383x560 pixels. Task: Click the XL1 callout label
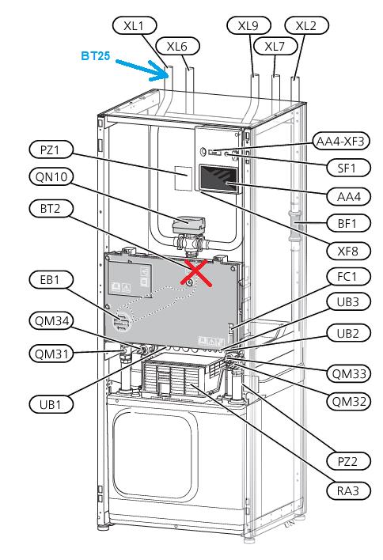(135, 26)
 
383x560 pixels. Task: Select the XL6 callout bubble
(177, 46)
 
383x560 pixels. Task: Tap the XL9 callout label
(248, 26)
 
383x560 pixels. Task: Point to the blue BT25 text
(96, 55)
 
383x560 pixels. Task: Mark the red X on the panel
(195, 273)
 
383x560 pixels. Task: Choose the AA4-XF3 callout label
(340, 142)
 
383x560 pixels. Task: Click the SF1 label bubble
(348, 168)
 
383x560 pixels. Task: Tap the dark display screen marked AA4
(218, 180)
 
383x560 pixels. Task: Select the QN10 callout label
(51, 176)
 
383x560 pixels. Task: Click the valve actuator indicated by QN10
(188, 225)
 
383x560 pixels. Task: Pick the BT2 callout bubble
(51, 208)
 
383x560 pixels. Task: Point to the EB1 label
(51, 280)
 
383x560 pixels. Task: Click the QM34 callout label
(51, 320)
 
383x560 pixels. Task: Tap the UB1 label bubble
(51, 404)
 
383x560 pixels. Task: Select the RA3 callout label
(348, 490)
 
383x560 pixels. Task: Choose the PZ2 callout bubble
(348, 461)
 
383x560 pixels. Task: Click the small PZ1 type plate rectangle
(183, 178)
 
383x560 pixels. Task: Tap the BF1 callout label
(348, 223)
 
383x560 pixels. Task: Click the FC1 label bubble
(348, 276)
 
